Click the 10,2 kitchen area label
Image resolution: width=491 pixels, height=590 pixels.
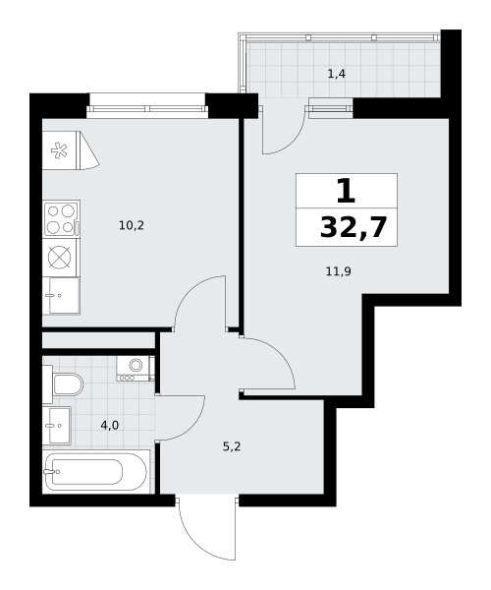click(x=132, y=226)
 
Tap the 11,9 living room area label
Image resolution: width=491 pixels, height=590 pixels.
click(x=338, y=271)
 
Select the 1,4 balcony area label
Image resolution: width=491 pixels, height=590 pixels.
click(x=337, y=74)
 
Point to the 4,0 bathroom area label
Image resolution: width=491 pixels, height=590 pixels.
click(x=110, y=426)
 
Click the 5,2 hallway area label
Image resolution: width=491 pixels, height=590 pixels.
click(x=232, y=446)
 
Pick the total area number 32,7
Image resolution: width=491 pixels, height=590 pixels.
click(x=354, y=228)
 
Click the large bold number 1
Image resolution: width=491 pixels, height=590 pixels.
click(x=346, y=191)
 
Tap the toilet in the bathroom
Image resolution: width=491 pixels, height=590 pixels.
click(x=63, y=384)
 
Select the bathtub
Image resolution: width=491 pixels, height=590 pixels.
click(x=95, y=471)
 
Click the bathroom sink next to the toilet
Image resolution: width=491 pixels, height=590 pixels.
click(x=57, y=425)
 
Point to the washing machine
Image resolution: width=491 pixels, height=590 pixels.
click(x=136, y=369)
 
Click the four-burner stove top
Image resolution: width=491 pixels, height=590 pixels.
click(x=62, y=219)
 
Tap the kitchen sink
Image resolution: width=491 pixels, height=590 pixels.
click(x=61, y=296)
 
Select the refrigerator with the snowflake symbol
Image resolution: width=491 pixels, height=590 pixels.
click(x=71, y=150)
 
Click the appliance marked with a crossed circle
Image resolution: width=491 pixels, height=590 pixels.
click(x=60, y=258)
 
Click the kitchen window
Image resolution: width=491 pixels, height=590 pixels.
click(x=147, y=109)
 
